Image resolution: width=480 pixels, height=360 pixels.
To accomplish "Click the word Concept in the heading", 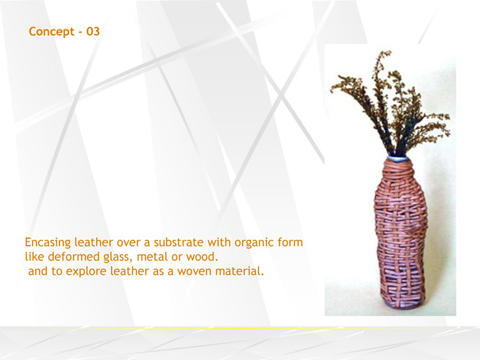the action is pyautogui.click(x=51, y=32).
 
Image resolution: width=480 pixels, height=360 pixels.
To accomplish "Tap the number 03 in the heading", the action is pyautogui.click(x=93, y=31).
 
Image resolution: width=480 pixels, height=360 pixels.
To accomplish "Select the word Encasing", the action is pyautogui.click(x=48, y=243).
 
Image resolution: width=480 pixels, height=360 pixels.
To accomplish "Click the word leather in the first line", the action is pyautogui.click(x=93, y=242).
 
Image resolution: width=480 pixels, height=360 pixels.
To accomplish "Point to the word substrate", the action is pyautogui.click(x=179, y=242).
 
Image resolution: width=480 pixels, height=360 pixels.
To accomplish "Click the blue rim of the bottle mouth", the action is pyautogui.click(x=397, y=159).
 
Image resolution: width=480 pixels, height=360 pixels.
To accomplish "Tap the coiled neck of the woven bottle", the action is pyautogui.click(x=397, y=172).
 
